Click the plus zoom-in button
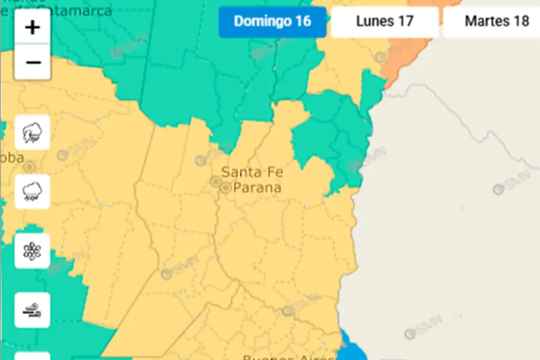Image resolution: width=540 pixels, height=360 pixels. (x=32, y=28)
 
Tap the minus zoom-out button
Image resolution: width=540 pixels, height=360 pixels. (x=32, y=62)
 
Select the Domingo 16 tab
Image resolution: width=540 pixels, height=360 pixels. (x=272, y=22)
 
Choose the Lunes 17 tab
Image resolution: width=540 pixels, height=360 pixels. (x=385, y=22)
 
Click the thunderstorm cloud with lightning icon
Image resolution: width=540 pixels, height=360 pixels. (x=32, y=133)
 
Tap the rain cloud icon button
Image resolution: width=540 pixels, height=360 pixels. (x=32, y=191)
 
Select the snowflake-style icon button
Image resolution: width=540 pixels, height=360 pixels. (x=32, y=251)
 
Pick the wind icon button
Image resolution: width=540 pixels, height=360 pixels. (x=32, y=310)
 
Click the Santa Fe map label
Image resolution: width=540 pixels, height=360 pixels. (x=252, y=172)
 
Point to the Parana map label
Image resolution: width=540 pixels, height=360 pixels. (x=257, y=188)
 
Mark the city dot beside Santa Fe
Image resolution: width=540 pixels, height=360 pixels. (x=215, y=181)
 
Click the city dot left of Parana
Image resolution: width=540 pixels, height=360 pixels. (x=226, y=188)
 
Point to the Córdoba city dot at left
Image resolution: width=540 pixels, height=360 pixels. (x=29, y=166)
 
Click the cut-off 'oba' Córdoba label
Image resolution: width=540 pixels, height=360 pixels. (x=12, y=158)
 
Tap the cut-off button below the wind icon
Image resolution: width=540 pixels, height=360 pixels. (x=32, y=356)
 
